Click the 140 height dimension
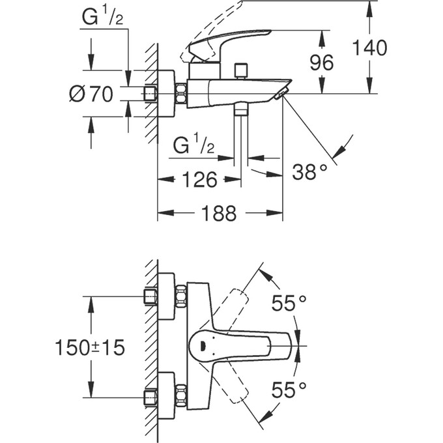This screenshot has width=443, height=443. point(369,48)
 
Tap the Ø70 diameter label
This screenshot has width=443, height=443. point(91,94)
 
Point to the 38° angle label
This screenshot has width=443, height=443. point(309,172)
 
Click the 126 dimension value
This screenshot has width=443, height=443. point(196,180)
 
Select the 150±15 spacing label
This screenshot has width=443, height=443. point(89,347)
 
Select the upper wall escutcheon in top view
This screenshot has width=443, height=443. point(166,296)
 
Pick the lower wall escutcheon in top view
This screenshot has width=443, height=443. point(166,396)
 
